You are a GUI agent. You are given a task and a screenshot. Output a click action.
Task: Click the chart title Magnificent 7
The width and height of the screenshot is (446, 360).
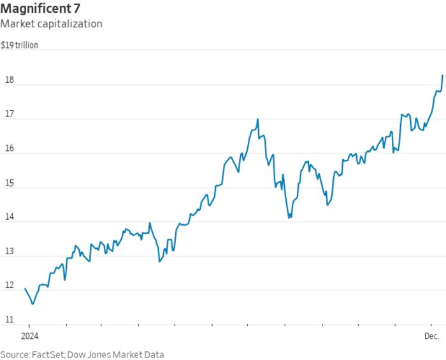(x=40, y=9)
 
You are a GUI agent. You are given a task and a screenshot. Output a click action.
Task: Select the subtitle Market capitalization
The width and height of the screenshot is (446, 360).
(x=52, y=24)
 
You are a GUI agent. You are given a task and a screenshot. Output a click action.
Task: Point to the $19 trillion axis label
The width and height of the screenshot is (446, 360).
(x=19, y=45)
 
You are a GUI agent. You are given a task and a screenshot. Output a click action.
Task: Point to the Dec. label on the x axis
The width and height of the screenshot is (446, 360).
(x=433, y=335)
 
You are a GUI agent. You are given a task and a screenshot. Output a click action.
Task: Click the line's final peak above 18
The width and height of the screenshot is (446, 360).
(x=442, y=75)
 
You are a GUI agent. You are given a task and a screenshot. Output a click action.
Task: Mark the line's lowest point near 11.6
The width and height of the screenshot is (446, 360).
(x=32, y=304)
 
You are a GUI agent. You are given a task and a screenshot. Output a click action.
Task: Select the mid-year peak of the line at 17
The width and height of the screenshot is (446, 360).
(x=257, y=119)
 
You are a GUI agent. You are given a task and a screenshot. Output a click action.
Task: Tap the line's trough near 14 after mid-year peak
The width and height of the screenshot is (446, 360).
(x=289, y=218)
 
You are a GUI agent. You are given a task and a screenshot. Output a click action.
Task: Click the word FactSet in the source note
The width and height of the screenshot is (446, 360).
(x=50, y=354)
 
